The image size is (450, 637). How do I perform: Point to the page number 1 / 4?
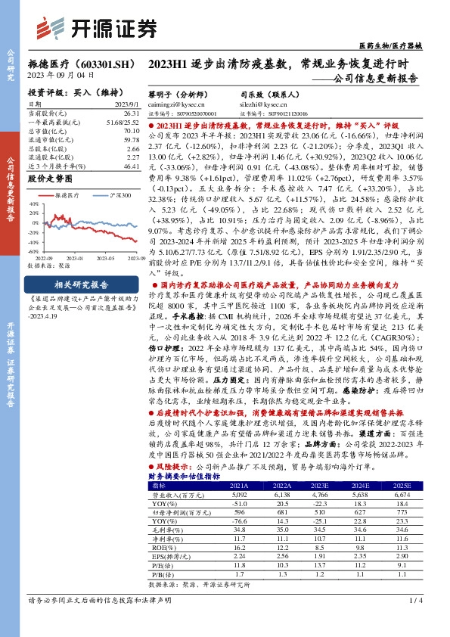[414, 623]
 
